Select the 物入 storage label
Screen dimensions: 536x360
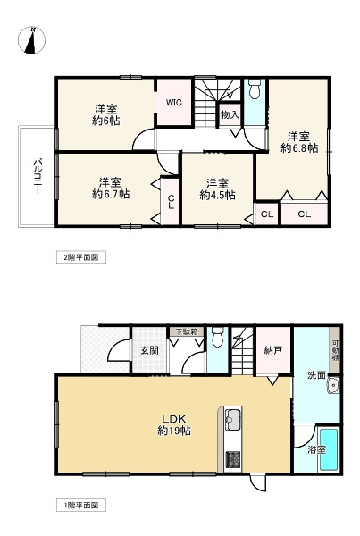pos(229,115)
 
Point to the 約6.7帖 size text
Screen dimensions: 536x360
pos(111,193)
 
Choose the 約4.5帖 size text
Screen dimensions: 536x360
pos(217,194)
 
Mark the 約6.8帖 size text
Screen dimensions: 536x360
pos(298,149)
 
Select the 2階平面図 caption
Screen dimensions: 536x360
pos(85,257)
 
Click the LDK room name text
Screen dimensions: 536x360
pos(174,417)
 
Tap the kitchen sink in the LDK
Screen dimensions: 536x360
pos(233,419)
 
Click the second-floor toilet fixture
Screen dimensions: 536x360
pos(255,89)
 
